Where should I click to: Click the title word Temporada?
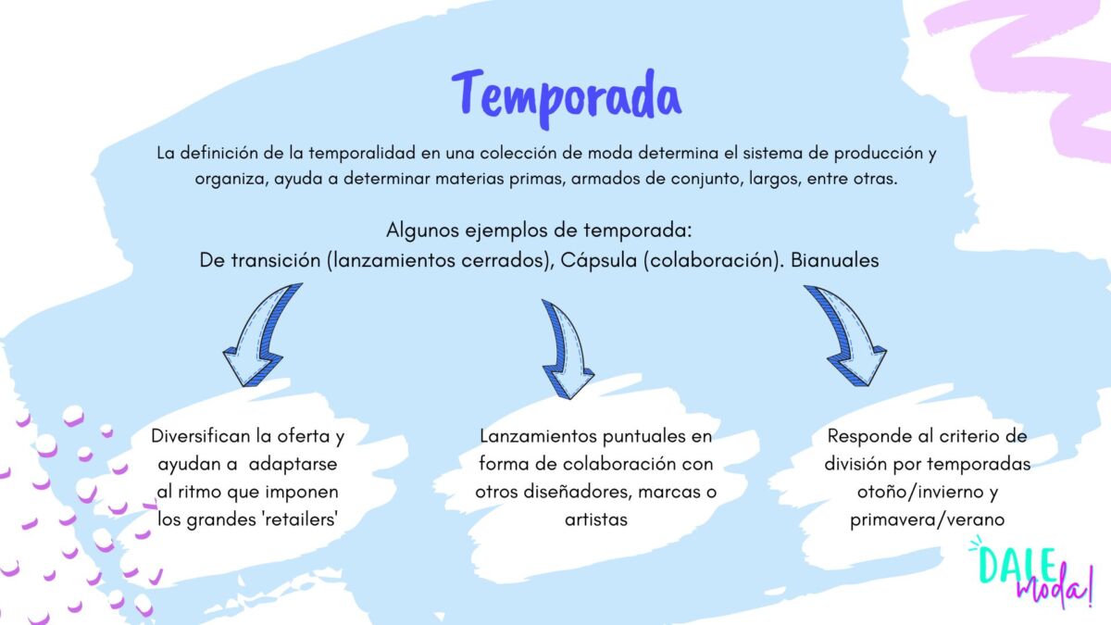[567, 98]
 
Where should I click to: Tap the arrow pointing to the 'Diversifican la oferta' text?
[259, 337]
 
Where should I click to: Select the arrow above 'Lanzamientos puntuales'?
[568, 350]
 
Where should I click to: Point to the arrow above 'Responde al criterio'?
[849, 337]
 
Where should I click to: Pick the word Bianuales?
[835, 260]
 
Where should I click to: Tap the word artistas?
[596, 519]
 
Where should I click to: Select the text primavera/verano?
[928, 519]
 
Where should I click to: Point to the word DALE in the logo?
[1017, 566]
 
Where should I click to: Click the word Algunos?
[422, 231]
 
